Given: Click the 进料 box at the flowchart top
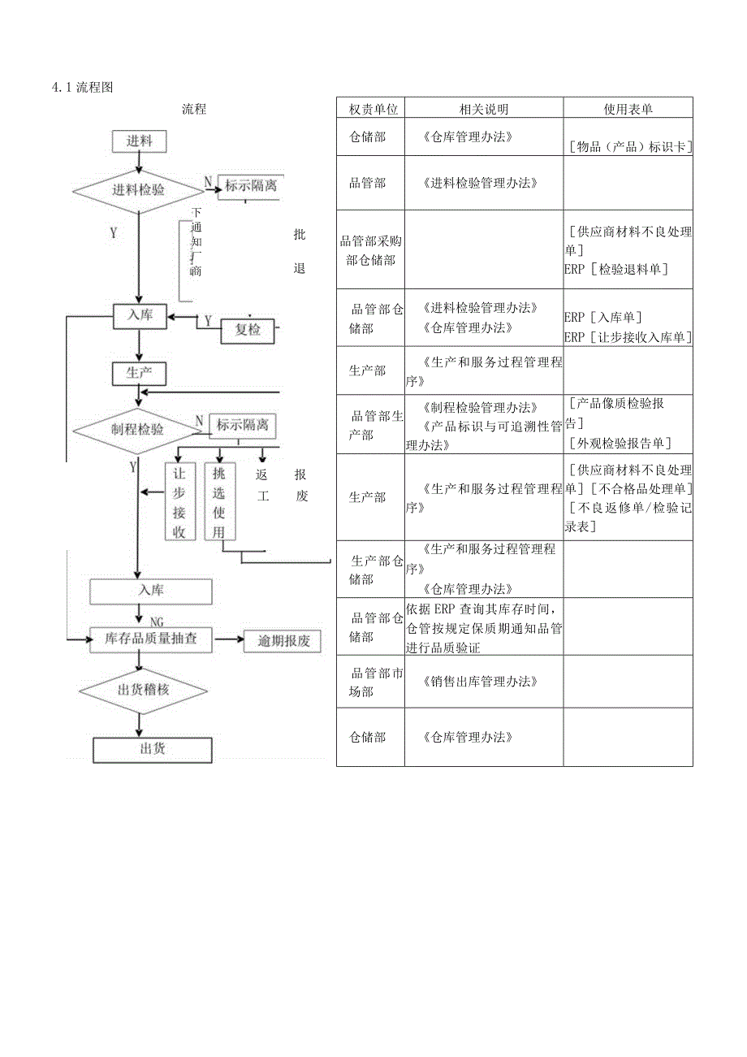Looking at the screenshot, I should (x=139, y=141).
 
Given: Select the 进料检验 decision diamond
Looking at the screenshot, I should (x=138, y=190).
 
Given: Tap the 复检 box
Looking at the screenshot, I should (x=248, y=330).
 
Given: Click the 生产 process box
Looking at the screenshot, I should (x=140, y=373).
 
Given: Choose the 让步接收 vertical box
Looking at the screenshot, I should (x=179, y=502).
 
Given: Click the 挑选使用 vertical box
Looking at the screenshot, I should (x=219, y=502).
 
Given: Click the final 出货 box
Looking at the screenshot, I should (x=153, y=748).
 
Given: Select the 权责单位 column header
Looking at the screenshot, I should (x=372, y=109).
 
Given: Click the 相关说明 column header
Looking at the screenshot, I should (x=484, y=109).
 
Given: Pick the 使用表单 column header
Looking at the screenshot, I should (x=628, y=109).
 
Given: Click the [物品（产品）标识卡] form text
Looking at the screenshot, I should (x=629, y=147).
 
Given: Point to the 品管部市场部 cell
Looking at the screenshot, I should (x=371, y=682).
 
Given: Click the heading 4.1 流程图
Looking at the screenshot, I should (x=82, y=88).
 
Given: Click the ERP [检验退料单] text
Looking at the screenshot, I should (x=616, y=269).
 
